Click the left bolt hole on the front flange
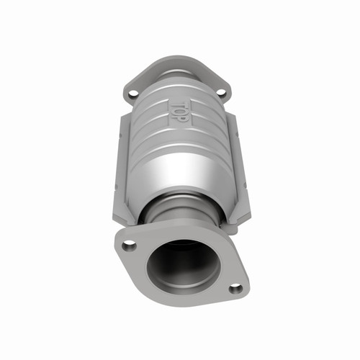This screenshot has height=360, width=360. point(129,245)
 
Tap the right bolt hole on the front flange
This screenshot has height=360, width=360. point(235,288)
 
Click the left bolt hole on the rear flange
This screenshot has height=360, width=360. point(132,93)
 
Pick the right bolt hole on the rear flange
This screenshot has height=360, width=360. point(222,92)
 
